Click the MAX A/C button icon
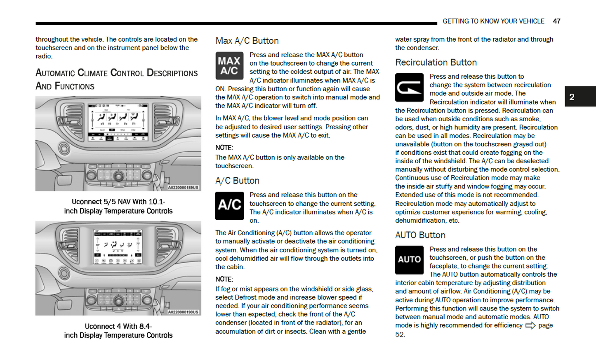click(x=229, y=66)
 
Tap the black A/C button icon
click(x=229, y=205)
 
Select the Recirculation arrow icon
click(x=409, y=87)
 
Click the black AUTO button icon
click(x=409, y=260)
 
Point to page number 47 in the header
click(x=556, y=21)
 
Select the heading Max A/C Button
click(x=247, y=41)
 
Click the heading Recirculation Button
click(x=436, y=63)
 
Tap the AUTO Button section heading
click(x=420, y=235)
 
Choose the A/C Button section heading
click(x=237, y=181)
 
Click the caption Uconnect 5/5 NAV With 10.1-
click(x=118, y=202)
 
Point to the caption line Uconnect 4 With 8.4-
click(x=118, y=326)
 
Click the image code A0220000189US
click(x=183, y=188)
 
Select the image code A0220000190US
click(x=183, y=312)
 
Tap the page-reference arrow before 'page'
click(x=530, y=326)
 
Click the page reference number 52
click(x=400, y=334)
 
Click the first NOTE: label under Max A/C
click(x=224, y=148)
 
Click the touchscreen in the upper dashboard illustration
click(x=118, y=122)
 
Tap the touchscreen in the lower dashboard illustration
click(x=118, y=247)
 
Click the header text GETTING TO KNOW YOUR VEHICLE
click(x=493, y=21)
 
